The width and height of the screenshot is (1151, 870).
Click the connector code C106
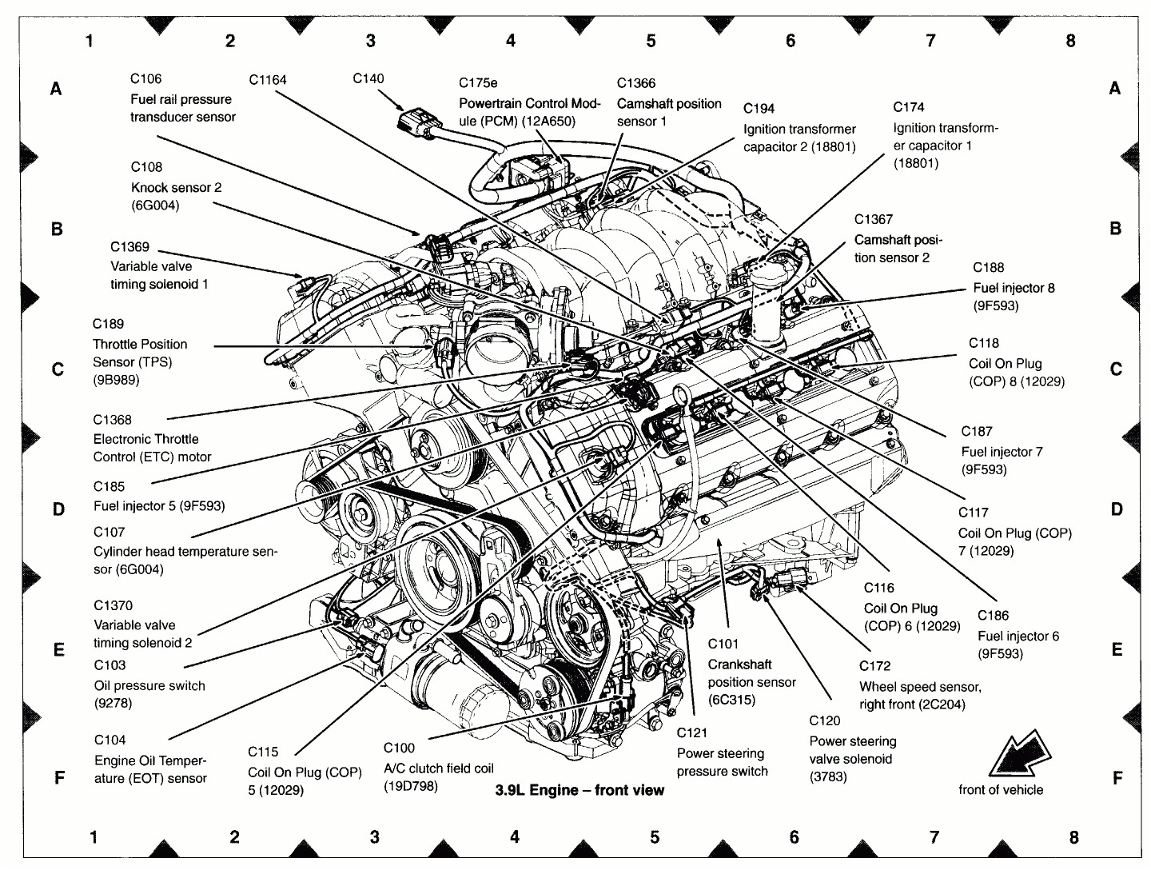(x=145, y=78)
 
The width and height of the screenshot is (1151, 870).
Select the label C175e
(x=478, y=83)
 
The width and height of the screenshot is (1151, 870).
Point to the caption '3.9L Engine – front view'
(x=579, y=790)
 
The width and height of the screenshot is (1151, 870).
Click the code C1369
(x=129, y=247)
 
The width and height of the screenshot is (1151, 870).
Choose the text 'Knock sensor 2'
(x=176, y=187)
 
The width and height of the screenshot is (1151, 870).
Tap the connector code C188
(x=988, y=268)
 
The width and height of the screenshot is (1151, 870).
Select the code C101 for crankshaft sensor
(x=723, y=644)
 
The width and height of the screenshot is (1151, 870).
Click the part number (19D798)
(x=411, y=786)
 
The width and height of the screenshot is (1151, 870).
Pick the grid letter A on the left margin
(x=56, y=89)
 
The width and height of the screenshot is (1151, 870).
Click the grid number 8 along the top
(x=1070, y=41)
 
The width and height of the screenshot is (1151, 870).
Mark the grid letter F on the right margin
(x=1117, y=778)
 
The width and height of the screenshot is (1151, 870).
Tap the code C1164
(x=267, y=79)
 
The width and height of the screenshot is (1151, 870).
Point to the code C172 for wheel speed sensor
(x=874, y=666)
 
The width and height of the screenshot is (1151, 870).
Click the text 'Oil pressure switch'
(x=149, y=685)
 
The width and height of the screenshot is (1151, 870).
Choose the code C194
(x=759, y=109)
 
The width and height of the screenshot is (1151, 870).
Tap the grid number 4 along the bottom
(x=514, y=837)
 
